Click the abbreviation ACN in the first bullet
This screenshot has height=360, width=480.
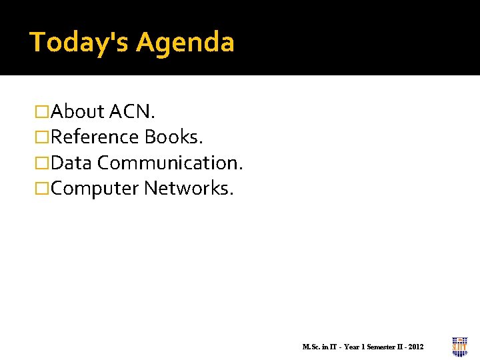pos(131,111)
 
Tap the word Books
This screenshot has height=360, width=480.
pos(171,137)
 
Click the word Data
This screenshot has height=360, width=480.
pos(71,163)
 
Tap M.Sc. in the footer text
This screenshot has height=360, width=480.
pos(311,347)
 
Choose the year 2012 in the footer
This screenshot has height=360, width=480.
pos(416,347)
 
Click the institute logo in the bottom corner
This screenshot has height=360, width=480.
pos(459,346)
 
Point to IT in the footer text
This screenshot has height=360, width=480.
pos(332,347)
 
